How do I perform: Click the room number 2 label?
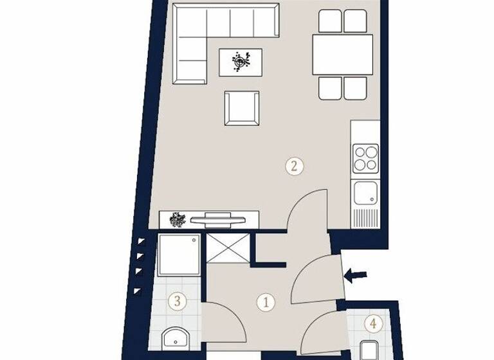pos(294,166)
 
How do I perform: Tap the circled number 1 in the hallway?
pos(264,301)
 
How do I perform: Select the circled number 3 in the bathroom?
pos(178,300)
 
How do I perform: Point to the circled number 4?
pos(371,323)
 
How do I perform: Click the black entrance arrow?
pos(355,276)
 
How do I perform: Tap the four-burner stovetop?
pos(365,157)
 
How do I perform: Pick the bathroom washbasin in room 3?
pos(174,338)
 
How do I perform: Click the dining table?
pos(343,54)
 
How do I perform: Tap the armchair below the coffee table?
pos(242,108)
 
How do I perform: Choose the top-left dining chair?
pos(330,21)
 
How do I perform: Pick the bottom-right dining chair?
pos(355,88)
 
